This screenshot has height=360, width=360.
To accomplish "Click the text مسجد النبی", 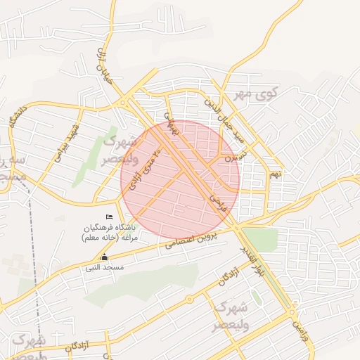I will pos(105,268).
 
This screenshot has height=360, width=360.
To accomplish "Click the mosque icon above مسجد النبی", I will pos(105,257).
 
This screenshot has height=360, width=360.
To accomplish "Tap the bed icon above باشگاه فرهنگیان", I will pos(108,217).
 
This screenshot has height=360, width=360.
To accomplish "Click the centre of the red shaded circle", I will pos(181,180).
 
